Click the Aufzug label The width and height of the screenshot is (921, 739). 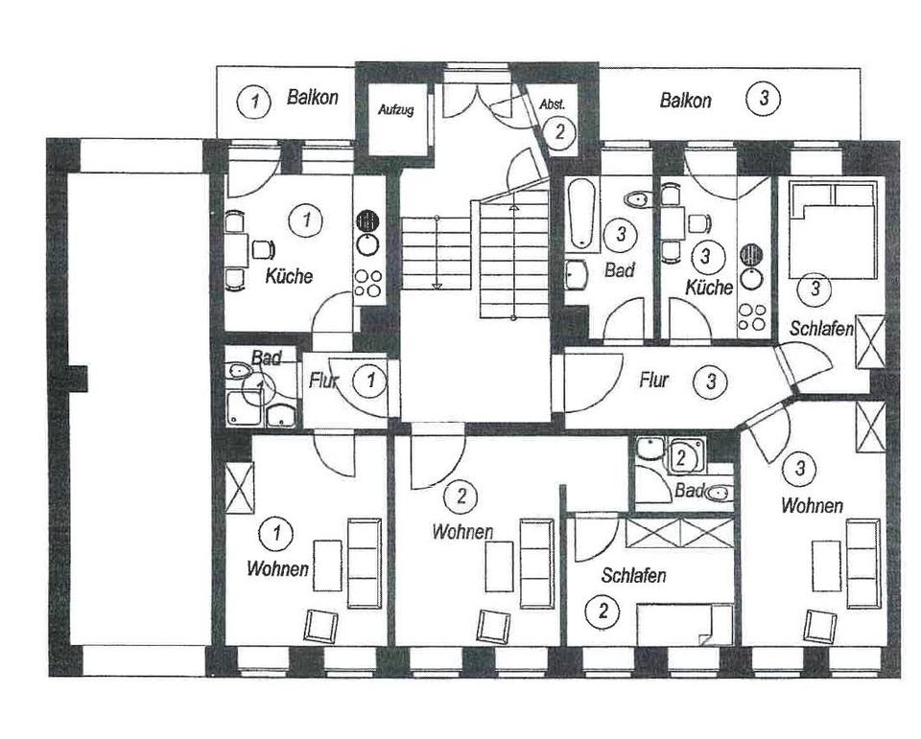(x=395, y=110)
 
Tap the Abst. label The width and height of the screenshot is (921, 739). (x=553, y=104)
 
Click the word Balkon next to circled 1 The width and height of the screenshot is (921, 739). (x=313, y=97)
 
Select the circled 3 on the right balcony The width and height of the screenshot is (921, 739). (x=763, y=98)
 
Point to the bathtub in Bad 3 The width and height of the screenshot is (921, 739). (x=581, y=215)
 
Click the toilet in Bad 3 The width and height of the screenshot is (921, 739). (x=636, y=199)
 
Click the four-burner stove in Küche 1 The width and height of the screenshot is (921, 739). (x=368, y=284)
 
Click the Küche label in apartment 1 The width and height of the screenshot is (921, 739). (x=289, y=276)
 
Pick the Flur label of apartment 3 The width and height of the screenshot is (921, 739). (x=653, y=381)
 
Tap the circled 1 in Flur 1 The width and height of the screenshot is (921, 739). (x=370, y=381)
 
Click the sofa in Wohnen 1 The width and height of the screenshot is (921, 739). (x=365, y=563)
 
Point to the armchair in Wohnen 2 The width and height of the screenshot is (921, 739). (x=493, y=626)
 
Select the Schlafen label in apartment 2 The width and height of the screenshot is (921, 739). (x=633, y=575)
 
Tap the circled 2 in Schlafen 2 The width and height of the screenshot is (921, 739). (x=602, y=611)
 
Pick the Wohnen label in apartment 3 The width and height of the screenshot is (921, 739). (x=812, y=505)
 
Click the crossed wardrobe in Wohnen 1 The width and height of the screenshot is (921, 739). (x=240, y=488)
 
